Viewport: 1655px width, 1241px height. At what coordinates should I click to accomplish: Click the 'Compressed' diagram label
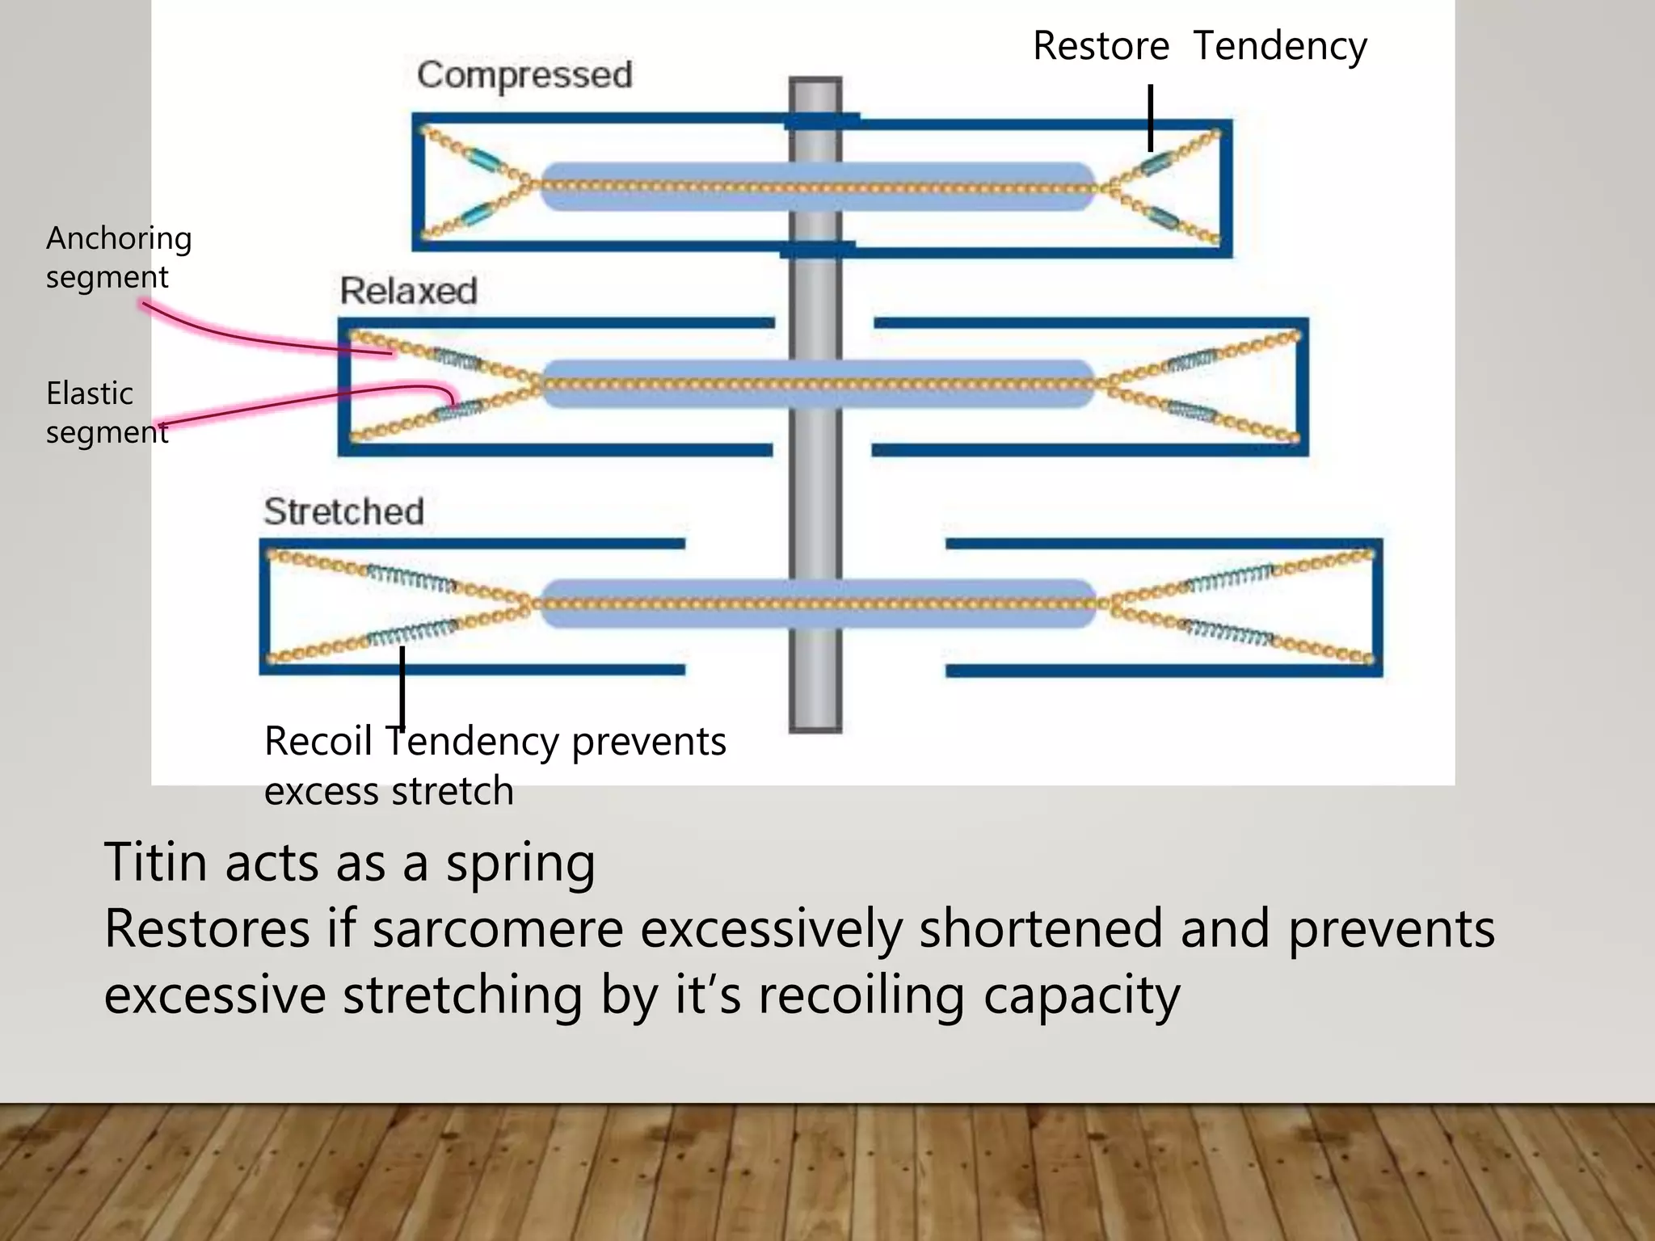(524, 75)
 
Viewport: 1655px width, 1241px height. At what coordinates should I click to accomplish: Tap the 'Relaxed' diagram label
(408, 291)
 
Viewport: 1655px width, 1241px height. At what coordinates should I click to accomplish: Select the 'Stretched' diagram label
(344, 511)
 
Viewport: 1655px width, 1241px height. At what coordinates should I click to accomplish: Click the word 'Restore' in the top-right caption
(1101, 46)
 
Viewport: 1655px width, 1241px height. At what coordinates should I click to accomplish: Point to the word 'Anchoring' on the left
(119, 239)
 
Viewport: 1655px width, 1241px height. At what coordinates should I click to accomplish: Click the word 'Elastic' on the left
(89, 394)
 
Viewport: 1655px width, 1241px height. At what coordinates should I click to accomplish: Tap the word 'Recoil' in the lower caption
(318, 742)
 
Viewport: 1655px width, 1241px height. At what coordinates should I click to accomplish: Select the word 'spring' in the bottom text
(520, 864)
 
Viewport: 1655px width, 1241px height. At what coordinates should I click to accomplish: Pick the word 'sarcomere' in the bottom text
(498, 929)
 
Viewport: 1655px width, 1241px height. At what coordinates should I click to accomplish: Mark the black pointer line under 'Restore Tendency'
(1150, 118)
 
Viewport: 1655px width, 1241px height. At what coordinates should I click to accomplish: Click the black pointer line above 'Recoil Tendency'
(402, 687)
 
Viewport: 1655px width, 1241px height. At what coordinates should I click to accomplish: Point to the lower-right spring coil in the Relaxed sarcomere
(1190, 410)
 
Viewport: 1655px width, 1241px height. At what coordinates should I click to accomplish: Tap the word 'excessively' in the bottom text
(772, 929)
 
